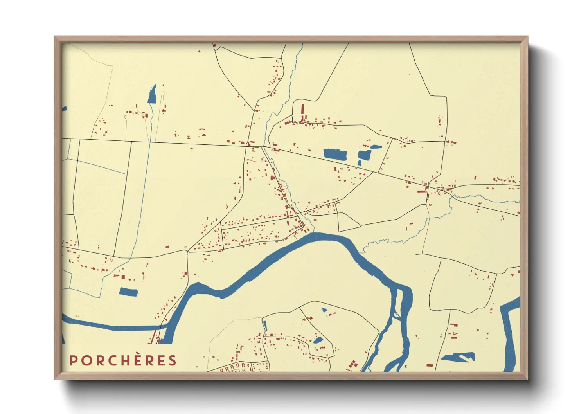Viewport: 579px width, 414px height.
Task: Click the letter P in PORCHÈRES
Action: (73, 360)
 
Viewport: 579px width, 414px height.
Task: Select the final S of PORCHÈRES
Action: (173, 360)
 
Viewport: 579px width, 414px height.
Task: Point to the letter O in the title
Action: (86, 360)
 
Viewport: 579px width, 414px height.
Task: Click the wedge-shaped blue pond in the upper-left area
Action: (152, 94)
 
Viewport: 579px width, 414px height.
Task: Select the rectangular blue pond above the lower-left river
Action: (129, 292)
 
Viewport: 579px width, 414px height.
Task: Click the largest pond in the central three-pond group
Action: (335, 154)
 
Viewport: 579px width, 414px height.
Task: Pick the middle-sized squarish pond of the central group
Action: (364, 155)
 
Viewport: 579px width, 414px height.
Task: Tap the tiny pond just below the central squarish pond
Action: (359, 163)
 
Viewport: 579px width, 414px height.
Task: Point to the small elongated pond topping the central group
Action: (376, 147)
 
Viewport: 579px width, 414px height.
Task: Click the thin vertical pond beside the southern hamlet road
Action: (265, 326)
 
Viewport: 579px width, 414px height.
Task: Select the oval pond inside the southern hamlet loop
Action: (318, 340)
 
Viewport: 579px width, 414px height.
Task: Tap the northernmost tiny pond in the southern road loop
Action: (324, 310)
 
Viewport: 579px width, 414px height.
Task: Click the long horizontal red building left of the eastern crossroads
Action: (422, 191)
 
